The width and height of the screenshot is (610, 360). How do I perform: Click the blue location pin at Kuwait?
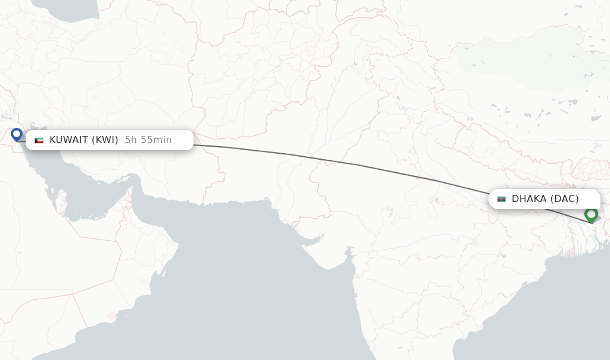click(17, 135)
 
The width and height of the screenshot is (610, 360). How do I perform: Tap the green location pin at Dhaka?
click(591, 214)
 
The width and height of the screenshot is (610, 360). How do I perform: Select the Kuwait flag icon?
click(39, 140)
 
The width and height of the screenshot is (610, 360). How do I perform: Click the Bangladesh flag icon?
click(502, 199)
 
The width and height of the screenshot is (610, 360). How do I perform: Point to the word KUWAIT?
click(69, 140)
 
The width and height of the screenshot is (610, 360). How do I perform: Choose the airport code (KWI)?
click(105, 140)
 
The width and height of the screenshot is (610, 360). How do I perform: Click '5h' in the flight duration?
click(131, 140)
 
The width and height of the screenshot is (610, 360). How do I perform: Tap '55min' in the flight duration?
click(156, 140)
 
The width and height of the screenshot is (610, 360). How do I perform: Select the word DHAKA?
click(529, 199)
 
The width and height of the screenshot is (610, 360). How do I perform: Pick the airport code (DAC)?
click(564, 199)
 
